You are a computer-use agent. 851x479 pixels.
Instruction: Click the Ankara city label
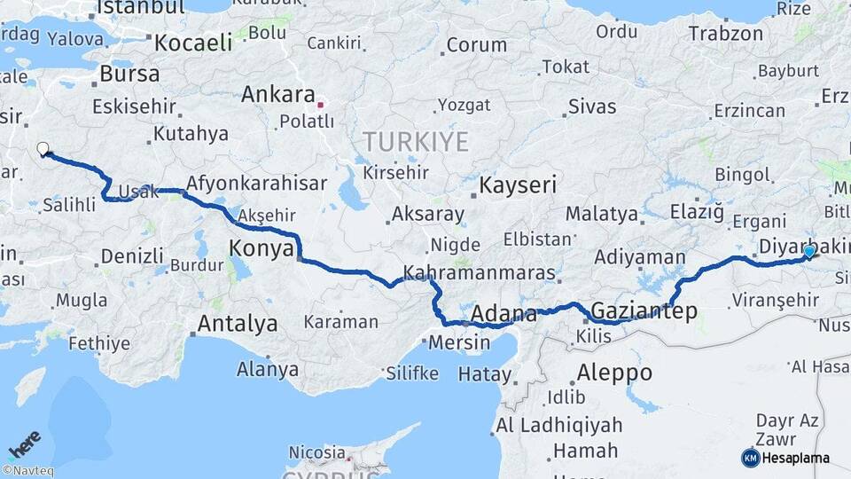(277, 94)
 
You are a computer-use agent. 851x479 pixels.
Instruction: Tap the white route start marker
(43, 150)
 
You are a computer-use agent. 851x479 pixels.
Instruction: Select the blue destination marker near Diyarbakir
(808, 253)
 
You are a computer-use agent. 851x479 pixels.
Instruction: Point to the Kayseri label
(518, 185)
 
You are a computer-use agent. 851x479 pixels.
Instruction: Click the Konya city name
(261, 248)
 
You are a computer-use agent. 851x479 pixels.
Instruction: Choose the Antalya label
(237, 324)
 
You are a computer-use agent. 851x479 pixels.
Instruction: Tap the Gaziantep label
(643, 311)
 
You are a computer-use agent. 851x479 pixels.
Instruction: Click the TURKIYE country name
(414, 140)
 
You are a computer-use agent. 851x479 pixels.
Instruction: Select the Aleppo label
(613, 372)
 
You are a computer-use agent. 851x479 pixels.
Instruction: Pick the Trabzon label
(726, 35)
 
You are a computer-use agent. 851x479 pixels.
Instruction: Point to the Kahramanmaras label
(479, 273)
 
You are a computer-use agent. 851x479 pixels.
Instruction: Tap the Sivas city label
(591, 107)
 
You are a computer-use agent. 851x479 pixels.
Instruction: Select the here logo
(25, 444)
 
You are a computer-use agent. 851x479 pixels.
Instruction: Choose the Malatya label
(601, 214)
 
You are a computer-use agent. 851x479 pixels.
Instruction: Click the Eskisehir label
(134, 106)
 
